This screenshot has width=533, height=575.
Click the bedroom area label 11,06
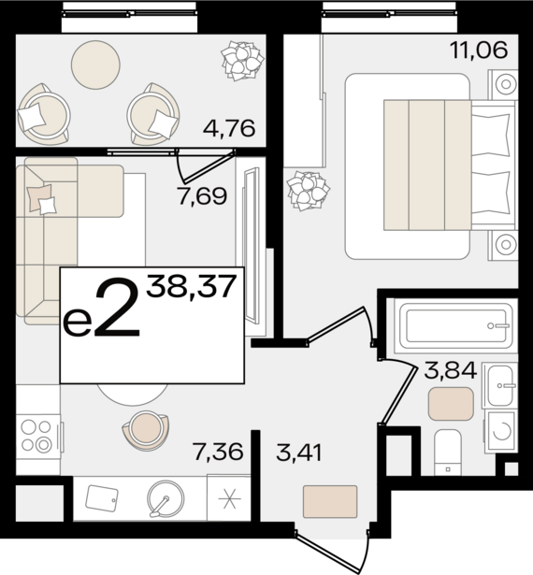479,50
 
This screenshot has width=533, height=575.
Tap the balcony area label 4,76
229,128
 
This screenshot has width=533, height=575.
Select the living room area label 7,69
202,195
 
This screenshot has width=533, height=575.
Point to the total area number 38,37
191,287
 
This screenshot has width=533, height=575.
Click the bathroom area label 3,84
451,370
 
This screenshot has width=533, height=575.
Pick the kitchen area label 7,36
218,451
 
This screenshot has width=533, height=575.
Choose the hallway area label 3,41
299,453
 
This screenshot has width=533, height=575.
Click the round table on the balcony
95,65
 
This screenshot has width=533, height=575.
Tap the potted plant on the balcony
242,61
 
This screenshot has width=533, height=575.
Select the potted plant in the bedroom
309,191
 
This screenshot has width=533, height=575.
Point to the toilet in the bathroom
448,453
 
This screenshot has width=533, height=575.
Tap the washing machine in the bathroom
501,431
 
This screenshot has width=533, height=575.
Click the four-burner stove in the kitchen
37,436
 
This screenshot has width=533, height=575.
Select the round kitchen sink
166,498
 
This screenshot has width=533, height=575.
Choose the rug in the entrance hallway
330,502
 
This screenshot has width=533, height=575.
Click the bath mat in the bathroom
451,404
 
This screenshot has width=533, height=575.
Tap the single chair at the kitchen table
146,430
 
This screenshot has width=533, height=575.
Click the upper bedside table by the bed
502,84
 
